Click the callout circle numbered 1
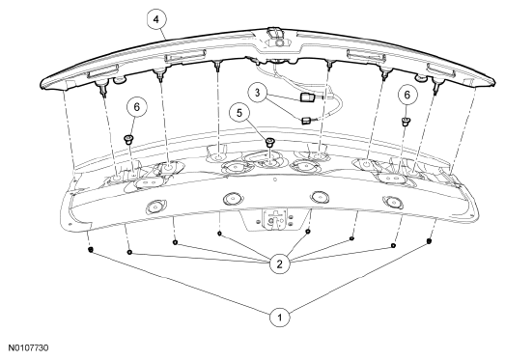280,318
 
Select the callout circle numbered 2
280,264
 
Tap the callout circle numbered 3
258,93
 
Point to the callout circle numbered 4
156,19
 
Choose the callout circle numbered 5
239,113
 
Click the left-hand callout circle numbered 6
137,107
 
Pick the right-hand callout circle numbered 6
407,95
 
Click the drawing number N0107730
28,348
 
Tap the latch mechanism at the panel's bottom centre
275,219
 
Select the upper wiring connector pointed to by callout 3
307,97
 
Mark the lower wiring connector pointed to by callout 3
306,121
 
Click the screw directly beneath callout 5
270,142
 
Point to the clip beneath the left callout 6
128,139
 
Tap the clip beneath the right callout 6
406,122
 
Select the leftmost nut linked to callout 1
91,249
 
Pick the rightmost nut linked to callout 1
429,241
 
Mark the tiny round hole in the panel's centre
275,180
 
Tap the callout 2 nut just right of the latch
308,232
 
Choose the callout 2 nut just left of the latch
219,234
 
